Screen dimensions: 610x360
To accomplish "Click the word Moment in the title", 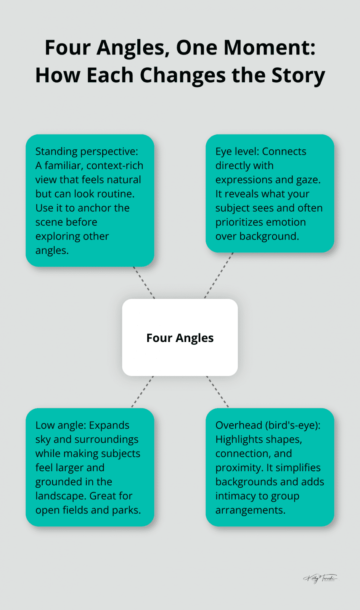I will (269, 48).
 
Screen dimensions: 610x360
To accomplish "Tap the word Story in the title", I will (298, 75).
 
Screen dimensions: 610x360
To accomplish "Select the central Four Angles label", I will (180, 338).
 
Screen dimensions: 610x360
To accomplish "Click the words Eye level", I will (236, 151).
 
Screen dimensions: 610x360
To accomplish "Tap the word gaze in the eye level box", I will (307, 180).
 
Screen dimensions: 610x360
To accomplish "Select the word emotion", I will (286, 222).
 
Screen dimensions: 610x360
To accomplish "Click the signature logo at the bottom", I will (320, 578).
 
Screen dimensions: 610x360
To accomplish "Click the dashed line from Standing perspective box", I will (144, 283).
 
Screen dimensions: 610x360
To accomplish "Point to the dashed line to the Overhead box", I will (217, 392).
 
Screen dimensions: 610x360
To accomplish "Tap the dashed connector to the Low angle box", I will (143, 392).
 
